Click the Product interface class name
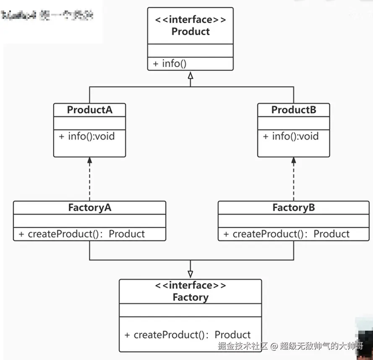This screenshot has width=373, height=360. pyautogui.click(x=190, y=31)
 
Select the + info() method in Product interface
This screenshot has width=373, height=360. pyautogui.click(x=170, y=64)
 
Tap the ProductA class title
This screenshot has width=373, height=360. pyautogui.click(x=90, y=110)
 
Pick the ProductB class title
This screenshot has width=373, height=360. pyautogui.click(x=294, y=110)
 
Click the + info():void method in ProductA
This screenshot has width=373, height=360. pyautogui.click(x=87, y=136)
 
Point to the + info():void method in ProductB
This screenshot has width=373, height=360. pyautogui.click(x=291, y=136)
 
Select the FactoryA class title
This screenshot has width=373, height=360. pyautogui.click(x=90, y=207)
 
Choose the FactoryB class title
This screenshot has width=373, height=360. pyautogui.click(x=294, y=207)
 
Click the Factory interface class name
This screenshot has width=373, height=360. pyautogui.click(x=190, y=298)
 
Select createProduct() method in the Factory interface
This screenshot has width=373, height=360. pyautogui.click(x=188, y=335)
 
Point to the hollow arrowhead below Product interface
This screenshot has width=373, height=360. pyautogui.click(x=190, y=76)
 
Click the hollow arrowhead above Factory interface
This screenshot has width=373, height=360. pyautogui.click(x=190, y=274)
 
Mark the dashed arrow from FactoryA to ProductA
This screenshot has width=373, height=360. pyautogui.click(x=89, y=179)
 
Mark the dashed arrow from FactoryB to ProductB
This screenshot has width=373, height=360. pyautogui.click(x=294, y=179)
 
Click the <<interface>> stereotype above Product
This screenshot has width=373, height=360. pyautogui.click(x=190, y=20)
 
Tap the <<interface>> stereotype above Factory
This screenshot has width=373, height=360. pyautogui.click(x=190, y=285)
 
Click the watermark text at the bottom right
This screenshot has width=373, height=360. pyautogui.click(x=290, y=346)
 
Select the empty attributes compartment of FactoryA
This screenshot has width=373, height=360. pyautogui.click(x=90, y=220)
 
